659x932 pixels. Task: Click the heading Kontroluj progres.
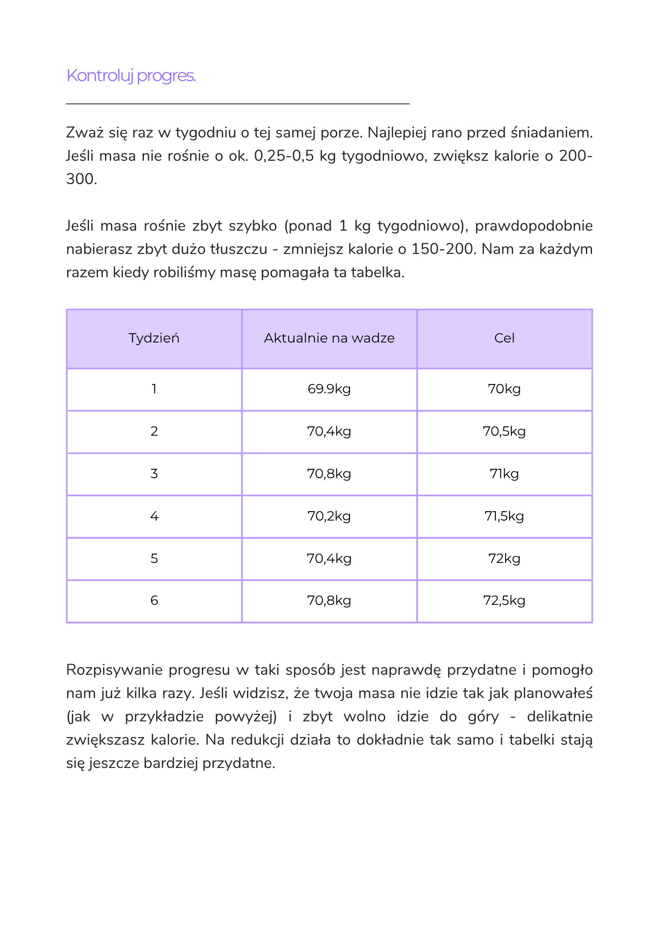point(131,75)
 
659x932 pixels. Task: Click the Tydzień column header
point(154,338)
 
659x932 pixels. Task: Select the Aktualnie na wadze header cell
point(329,338)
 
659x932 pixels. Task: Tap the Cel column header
point(504,338)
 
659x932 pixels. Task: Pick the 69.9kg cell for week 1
point(329,389)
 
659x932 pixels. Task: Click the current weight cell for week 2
point(329,432)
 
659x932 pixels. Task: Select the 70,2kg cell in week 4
point(329,516)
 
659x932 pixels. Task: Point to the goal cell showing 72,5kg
point(504,601)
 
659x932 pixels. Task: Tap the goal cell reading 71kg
point(504,474)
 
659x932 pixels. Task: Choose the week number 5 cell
point(154,559)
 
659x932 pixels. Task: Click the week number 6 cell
point(154,601)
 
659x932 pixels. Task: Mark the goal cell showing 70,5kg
point(504,432)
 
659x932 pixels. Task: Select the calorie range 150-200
point(444,249)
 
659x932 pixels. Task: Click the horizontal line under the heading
point(238,103)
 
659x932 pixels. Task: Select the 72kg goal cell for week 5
point(504,559)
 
